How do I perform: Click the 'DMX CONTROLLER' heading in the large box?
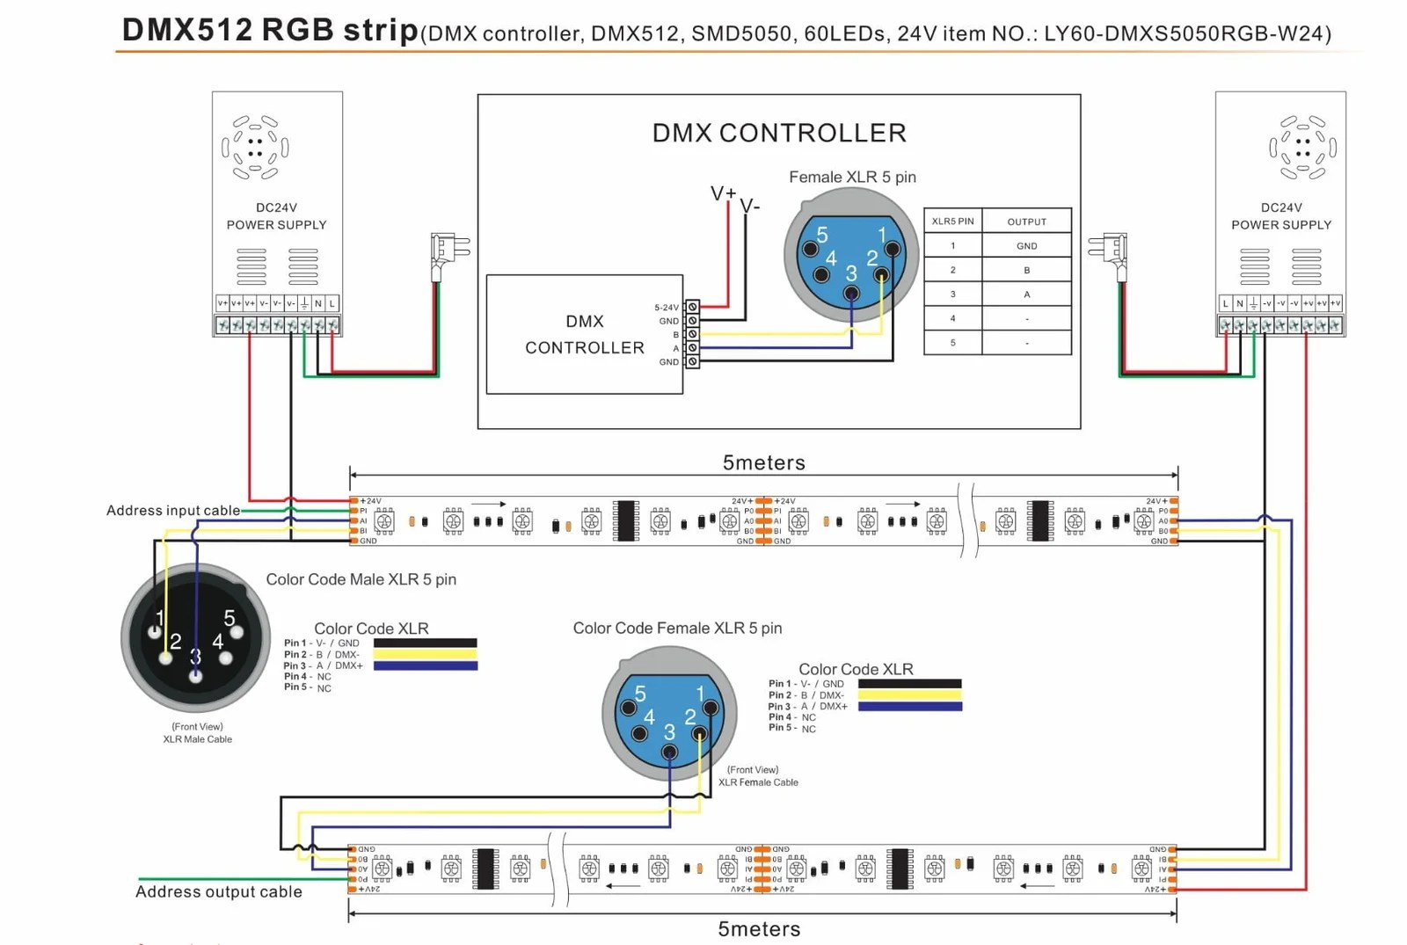pos(779,133)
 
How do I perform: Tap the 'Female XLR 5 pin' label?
pos(852,177)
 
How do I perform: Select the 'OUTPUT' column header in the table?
pos(1026,222)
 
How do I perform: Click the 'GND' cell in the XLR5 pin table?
pos(1026,246)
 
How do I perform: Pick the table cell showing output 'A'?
pos(1026,294)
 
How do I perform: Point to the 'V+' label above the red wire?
pos(723,193)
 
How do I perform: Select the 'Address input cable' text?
pos(173,511)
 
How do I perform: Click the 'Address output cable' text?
pos(219,891)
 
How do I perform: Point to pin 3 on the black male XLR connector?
pos(195,675)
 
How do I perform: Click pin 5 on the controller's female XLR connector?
pos(810,249)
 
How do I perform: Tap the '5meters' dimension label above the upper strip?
pos(763,462)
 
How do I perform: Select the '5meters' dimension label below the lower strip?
pos(759,929)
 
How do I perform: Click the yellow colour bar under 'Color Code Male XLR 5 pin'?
pos(425,655)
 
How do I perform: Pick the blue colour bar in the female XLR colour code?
pos(909,707)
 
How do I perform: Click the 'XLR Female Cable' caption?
pos(758,782)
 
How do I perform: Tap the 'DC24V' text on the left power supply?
pos(276,207)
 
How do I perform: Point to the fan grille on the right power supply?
pos(1302,147)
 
